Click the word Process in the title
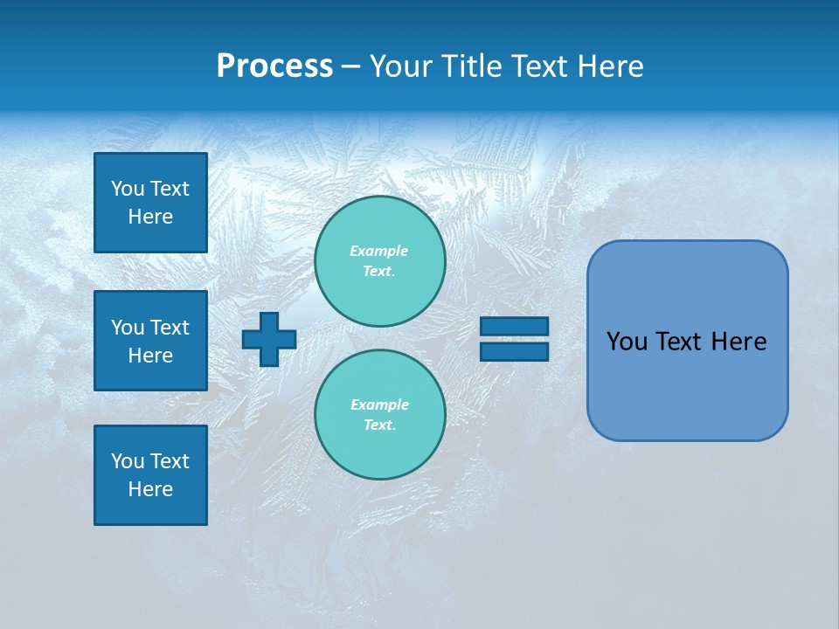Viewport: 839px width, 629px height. coord(274,66)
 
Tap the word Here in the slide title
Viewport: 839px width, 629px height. coord(609,66)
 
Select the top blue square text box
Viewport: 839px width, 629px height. coord(150,203)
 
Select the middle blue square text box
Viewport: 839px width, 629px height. coord(150,341)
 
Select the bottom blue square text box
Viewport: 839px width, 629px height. coord(150,475)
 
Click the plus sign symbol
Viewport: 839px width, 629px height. coord(269,339)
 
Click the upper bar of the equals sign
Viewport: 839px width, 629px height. coord(515,326)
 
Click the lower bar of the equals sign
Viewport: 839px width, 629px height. coord(515,351)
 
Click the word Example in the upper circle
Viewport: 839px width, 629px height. coord(379,251)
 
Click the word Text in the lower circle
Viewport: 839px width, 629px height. coord(378,425)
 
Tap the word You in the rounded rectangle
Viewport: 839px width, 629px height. coord(626,342)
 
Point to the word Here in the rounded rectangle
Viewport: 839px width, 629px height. coord(738,342)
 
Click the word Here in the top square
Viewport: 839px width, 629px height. coord(150,217)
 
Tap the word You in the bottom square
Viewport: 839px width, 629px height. coord(128,461)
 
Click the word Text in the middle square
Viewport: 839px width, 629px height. coord(170,328)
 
